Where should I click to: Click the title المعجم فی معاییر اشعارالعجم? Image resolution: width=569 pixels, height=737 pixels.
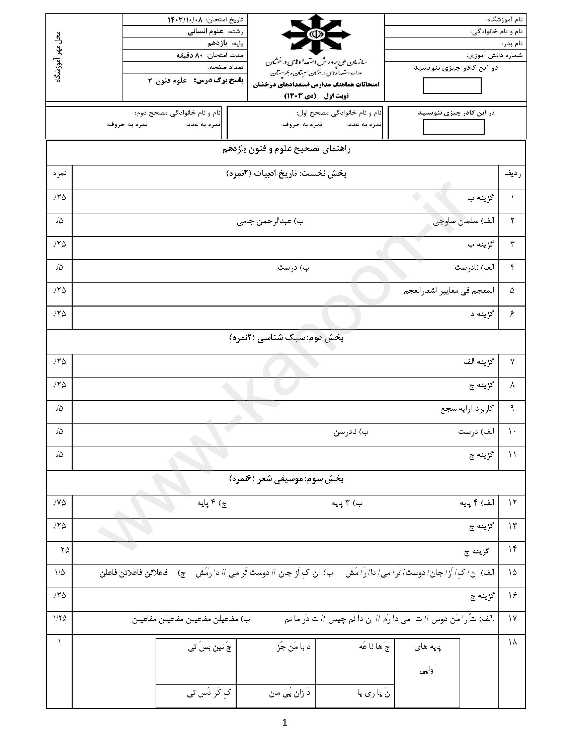(x=449, y=290)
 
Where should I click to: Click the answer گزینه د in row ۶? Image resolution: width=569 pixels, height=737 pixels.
(x=482, y=314)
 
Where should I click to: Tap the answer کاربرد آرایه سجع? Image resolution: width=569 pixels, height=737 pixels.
(x=467, y=409)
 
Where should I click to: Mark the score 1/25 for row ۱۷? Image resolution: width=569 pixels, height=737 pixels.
(x=60, y=618)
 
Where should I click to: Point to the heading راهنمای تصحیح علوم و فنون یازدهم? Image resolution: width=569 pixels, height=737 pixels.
(x=286, y=150)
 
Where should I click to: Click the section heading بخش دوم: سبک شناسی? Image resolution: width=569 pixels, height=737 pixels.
(x=286, y=338)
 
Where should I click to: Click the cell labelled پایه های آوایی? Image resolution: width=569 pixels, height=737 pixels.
(x=427, y=658)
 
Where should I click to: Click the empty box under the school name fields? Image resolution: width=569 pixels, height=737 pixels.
(x=452, y=86)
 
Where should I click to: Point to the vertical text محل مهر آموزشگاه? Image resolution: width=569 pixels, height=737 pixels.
(x=58, y=57)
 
